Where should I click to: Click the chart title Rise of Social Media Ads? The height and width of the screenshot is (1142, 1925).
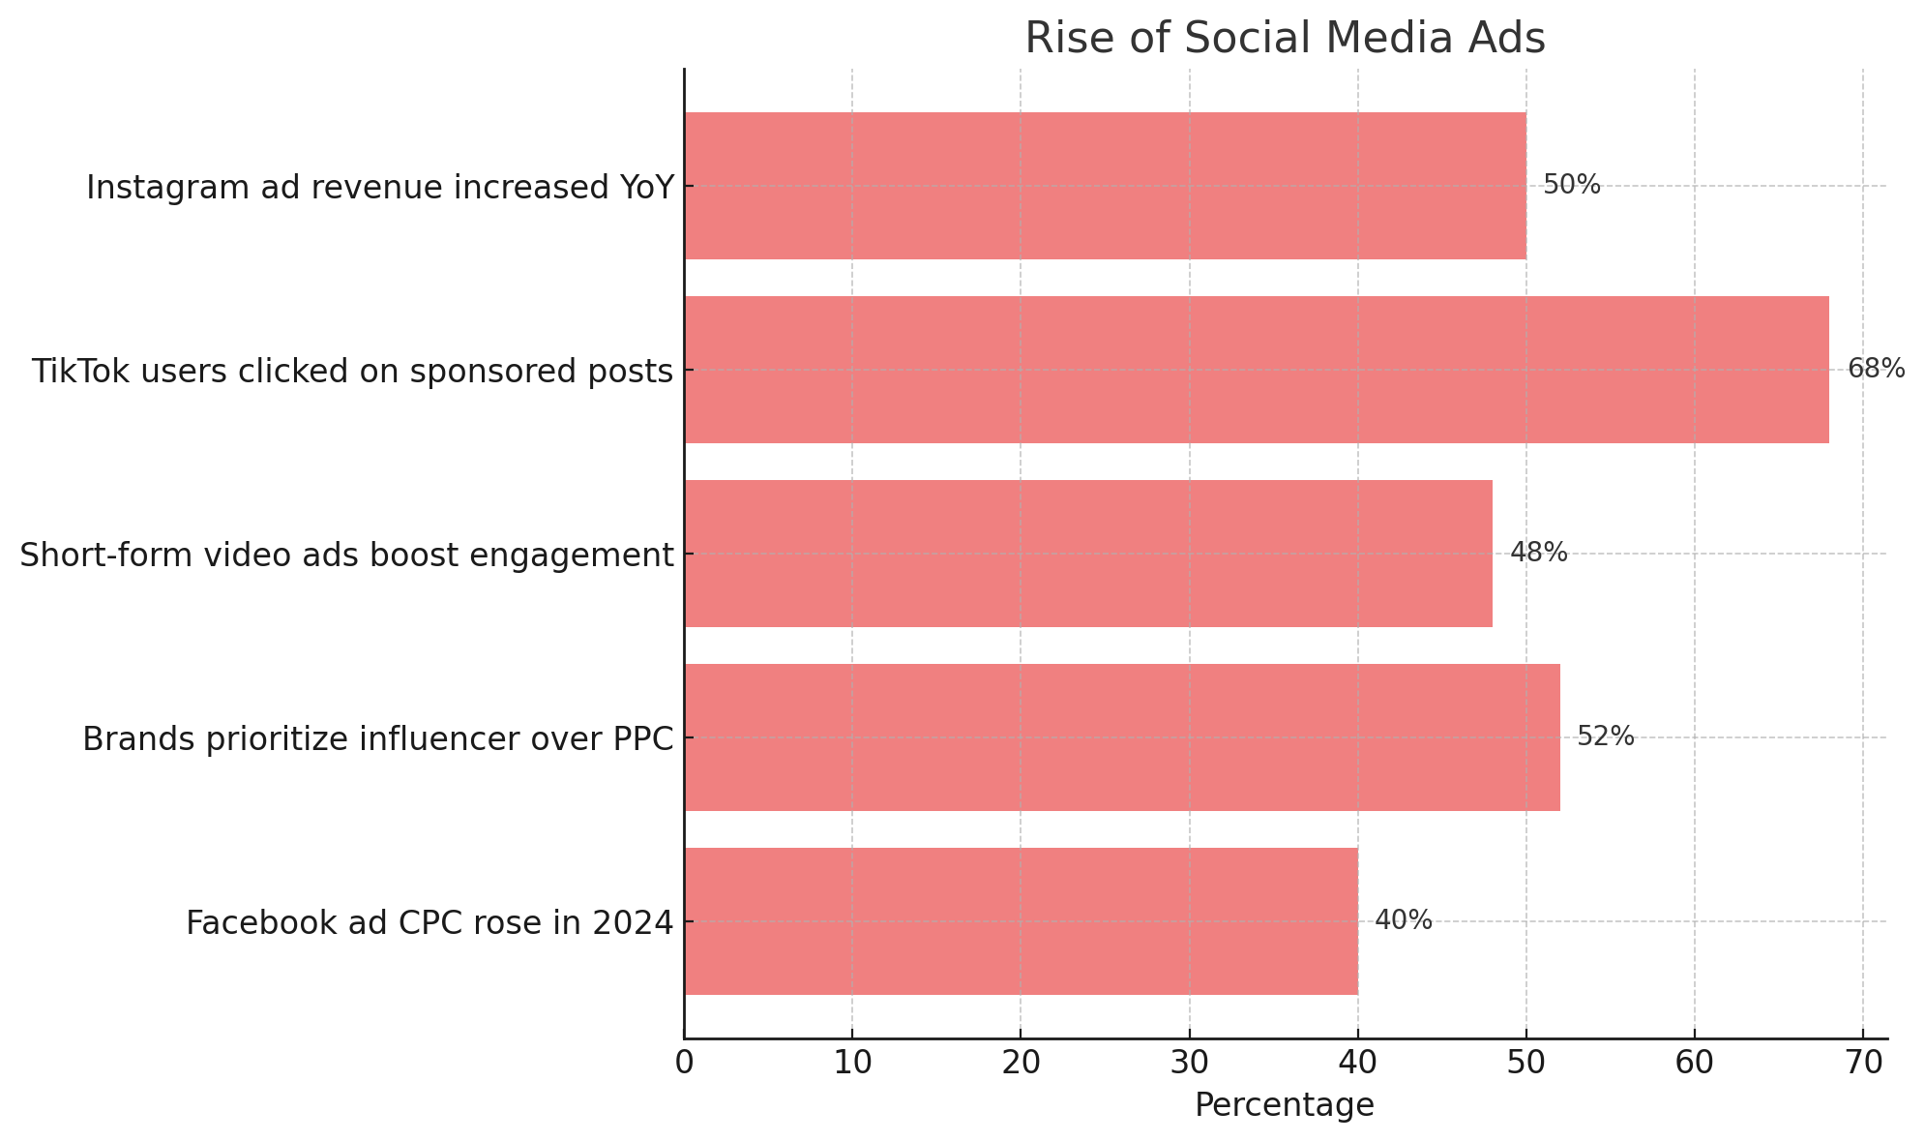1285,39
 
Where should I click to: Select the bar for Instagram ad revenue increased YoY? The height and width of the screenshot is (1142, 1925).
1105,186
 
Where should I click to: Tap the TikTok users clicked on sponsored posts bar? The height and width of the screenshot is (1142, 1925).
1256,370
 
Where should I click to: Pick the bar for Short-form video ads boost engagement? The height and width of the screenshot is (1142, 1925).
1087,554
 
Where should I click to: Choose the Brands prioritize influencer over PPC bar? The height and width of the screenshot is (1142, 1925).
1121,737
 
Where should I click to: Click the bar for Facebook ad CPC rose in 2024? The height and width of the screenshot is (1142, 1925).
1021,921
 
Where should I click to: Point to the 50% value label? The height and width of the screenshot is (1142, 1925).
1571,185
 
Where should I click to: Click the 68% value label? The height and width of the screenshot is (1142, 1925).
1876,369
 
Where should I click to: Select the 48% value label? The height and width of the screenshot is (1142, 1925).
1538,553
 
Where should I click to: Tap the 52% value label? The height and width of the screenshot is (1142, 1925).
1605,736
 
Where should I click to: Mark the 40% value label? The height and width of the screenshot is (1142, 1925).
1403,920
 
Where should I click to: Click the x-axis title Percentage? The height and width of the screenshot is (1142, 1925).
1285,1105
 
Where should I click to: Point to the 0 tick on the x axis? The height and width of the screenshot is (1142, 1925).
684,1063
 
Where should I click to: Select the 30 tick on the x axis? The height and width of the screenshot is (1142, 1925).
1189,1063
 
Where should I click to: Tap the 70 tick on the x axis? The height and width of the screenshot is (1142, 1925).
1863,1063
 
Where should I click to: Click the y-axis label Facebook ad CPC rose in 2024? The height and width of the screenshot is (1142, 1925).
429,923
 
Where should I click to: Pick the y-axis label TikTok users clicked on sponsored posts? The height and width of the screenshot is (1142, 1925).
352,372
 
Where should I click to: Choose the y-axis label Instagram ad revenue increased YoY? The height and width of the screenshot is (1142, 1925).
379,188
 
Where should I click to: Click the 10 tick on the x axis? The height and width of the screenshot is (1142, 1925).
852,1063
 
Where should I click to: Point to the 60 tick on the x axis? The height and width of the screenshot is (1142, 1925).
1695,1063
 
